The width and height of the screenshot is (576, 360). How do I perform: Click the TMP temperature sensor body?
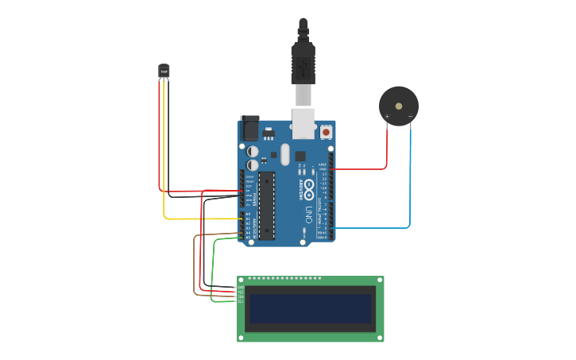164,72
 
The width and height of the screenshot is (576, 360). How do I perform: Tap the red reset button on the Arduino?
326,132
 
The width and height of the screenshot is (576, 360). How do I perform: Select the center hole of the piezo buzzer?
399,106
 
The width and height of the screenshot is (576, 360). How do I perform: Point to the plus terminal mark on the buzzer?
387,117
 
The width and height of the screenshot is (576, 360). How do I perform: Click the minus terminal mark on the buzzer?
410,117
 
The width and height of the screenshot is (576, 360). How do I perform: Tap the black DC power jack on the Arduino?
249,129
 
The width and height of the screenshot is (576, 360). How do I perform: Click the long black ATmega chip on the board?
267,205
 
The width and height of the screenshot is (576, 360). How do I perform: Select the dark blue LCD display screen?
311,308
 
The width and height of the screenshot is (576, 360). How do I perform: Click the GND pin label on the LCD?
241,287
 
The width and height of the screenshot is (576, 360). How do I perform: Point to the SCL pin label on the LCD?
241,301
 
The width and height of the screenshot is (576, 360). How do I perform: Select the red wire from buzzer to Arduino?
387,151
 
